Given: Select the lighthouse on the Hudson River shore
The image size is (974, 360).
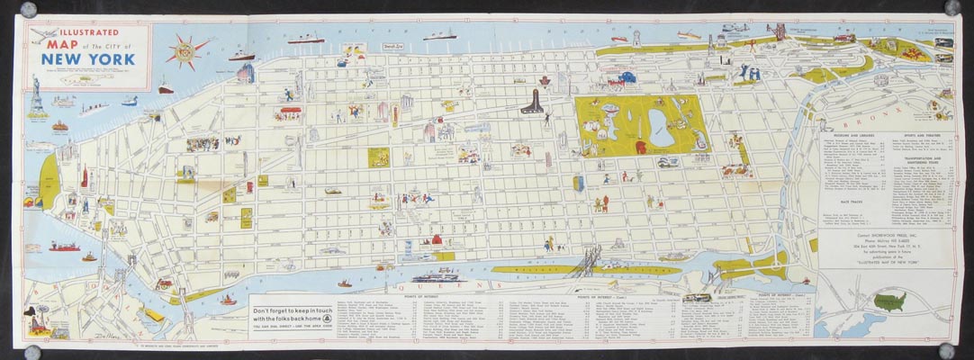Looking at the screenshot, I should [636, 38].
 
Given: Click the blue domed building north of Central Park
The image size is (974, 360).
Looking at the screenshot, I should [627, 78].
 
